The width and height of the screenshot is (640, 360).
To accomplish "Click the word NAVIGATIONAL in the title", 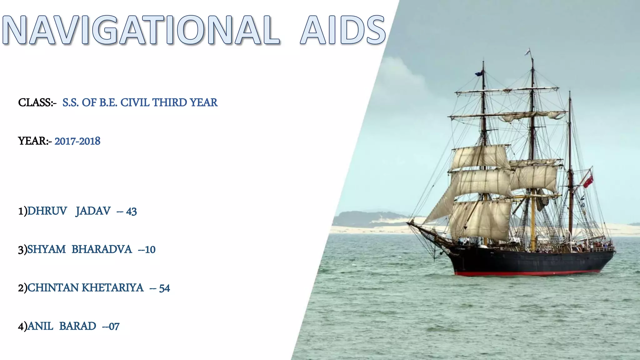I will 141,31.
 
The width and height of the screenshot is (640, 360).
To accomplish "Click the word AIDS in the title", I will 343,31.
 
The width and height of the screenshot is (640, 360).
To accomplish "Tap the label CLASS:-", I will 37,102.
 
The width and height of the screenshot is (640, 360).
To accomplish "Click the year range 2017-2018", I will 77,141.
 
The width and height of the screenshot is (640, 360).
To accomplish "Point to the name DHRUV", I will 47,211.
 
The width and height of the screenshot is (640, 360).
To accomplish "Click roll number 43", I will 131,212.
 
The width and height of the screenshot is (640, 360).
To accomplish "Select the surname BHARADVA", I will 102,249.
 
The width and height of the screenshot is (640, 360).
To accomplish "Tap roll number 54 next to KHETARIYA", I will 164,288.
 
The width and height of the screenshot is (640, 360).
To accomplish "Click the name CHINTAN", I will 53,288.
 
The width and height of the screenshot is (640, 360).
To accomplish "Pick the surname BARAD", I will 77,326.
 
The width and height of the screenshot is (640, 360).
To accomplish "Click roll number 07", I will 114,327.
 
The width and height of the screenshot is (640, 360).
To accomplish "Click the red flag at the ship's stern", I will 588,182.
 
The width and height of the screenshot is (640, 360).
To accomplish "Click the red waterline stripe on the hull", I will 528,273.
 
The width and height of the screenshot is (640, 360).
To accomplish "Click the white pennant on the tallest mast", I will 528,52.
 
